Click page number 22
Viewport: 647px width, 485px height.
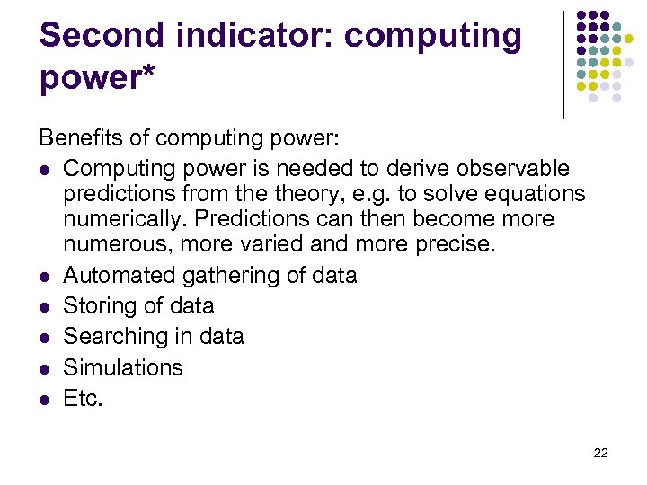601,453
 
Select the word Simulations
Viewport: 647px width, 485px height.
123,367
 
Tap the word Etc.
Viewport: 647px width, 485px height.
84,398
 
